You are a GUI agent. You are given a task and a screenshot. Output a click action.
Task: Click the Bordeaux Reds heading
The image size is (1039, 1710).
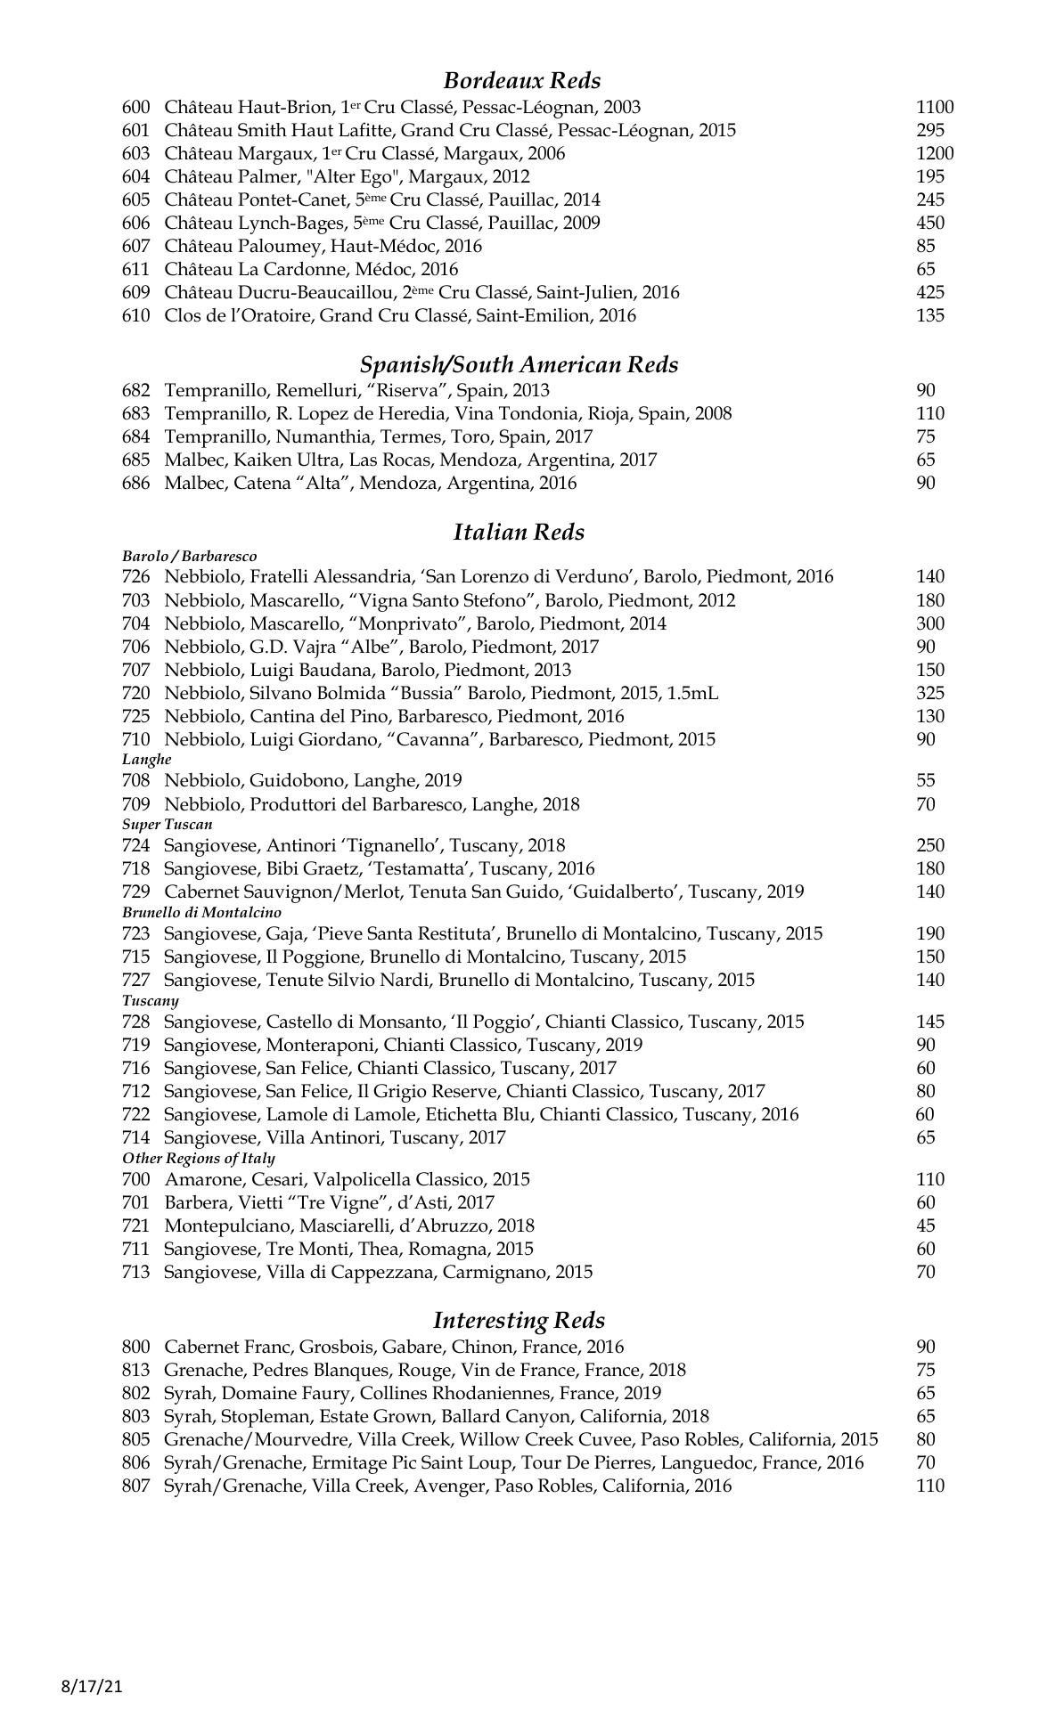tap(521, 81)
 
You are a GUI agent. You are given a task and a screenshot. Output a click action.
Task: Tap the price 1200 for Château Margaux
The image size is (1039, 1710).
tap(934, 153)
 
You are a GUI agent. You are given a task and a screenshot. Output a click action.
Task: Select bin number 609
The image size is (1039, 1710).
tap(135, 292)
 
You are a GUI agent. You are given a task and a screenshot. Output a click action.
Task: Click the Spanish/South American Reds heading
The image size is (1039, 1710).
tap(519, 365)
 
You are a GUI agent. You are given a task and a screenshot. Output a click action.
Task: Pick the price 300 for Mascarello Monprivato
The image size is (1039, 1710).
tap(929, 623)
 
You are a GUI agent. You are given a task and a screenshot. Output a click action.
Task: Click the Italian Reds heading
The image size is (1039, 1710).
tap(519, 533)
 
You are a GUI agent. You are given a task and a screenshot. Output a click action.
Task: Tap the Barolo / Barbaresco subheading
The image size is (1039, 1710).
tap(189, 556)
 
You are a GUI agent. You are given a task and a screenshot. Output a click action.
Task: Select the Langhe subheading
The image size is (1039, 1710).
tap(146, 760)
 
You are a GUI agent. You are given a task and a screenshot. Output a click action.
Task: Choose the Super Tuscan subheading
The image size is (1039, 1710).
tap(167, 825)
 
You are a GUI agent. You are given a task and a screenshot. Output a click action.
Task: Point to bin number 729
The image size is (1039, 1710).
tap(135, 892)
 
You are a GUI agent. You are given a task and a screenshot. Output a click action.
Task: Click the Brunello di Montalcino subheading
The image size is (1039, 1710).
tap(201, 913)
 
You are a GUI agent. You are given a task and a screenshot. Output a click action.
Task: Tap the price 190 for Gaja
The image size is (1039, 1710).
tap(929, 933)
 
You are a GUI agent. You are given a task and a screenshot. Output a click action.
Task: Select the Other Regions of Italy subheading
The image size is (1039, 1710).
tap(198, 1159)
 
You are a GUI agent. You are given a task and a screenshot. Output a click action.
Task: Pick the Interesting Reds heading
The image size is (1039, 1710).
tap(519, 1321)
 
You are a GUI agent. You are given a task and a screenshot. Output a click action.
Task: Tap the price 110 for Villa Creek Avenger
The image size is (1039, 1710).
tap(929, 1486)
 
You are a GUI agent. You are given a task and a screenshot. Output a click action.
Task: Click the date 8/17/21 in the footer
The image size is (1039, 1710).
tap(91, 1686)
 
